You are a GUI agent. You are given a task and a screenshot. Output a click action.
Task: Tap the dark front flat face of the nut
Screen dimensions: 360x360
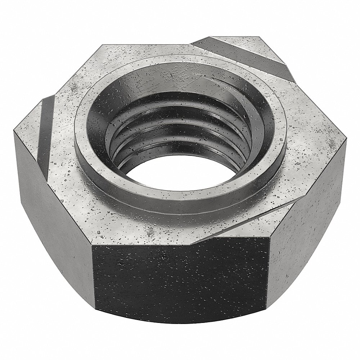(x=180, y=281)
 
